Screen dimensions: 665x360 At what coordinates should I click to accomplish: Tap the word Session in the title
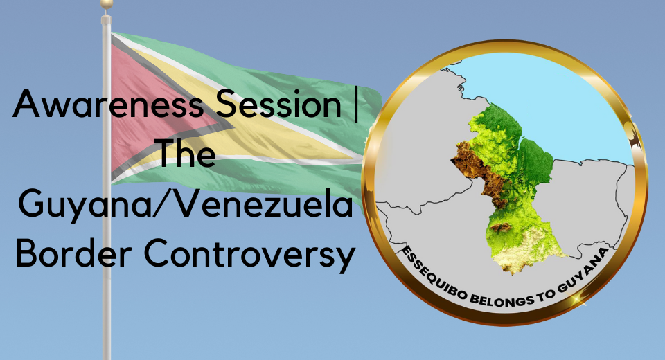coord(278,103)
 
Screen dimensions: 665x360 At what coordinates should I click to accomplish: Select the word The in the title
coord(187,153)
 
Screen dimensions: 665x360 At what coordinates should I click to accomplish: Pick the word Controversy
coord(250,254)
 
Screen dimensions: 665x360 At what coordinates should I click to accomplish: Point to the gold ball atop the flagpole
coord(107,4)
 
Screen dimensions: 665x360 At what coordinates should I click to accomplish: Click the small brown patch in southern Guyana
coord(501,227)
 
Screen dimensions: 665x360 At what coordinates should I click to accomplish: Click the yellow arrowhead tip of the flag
coord(355,158)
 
